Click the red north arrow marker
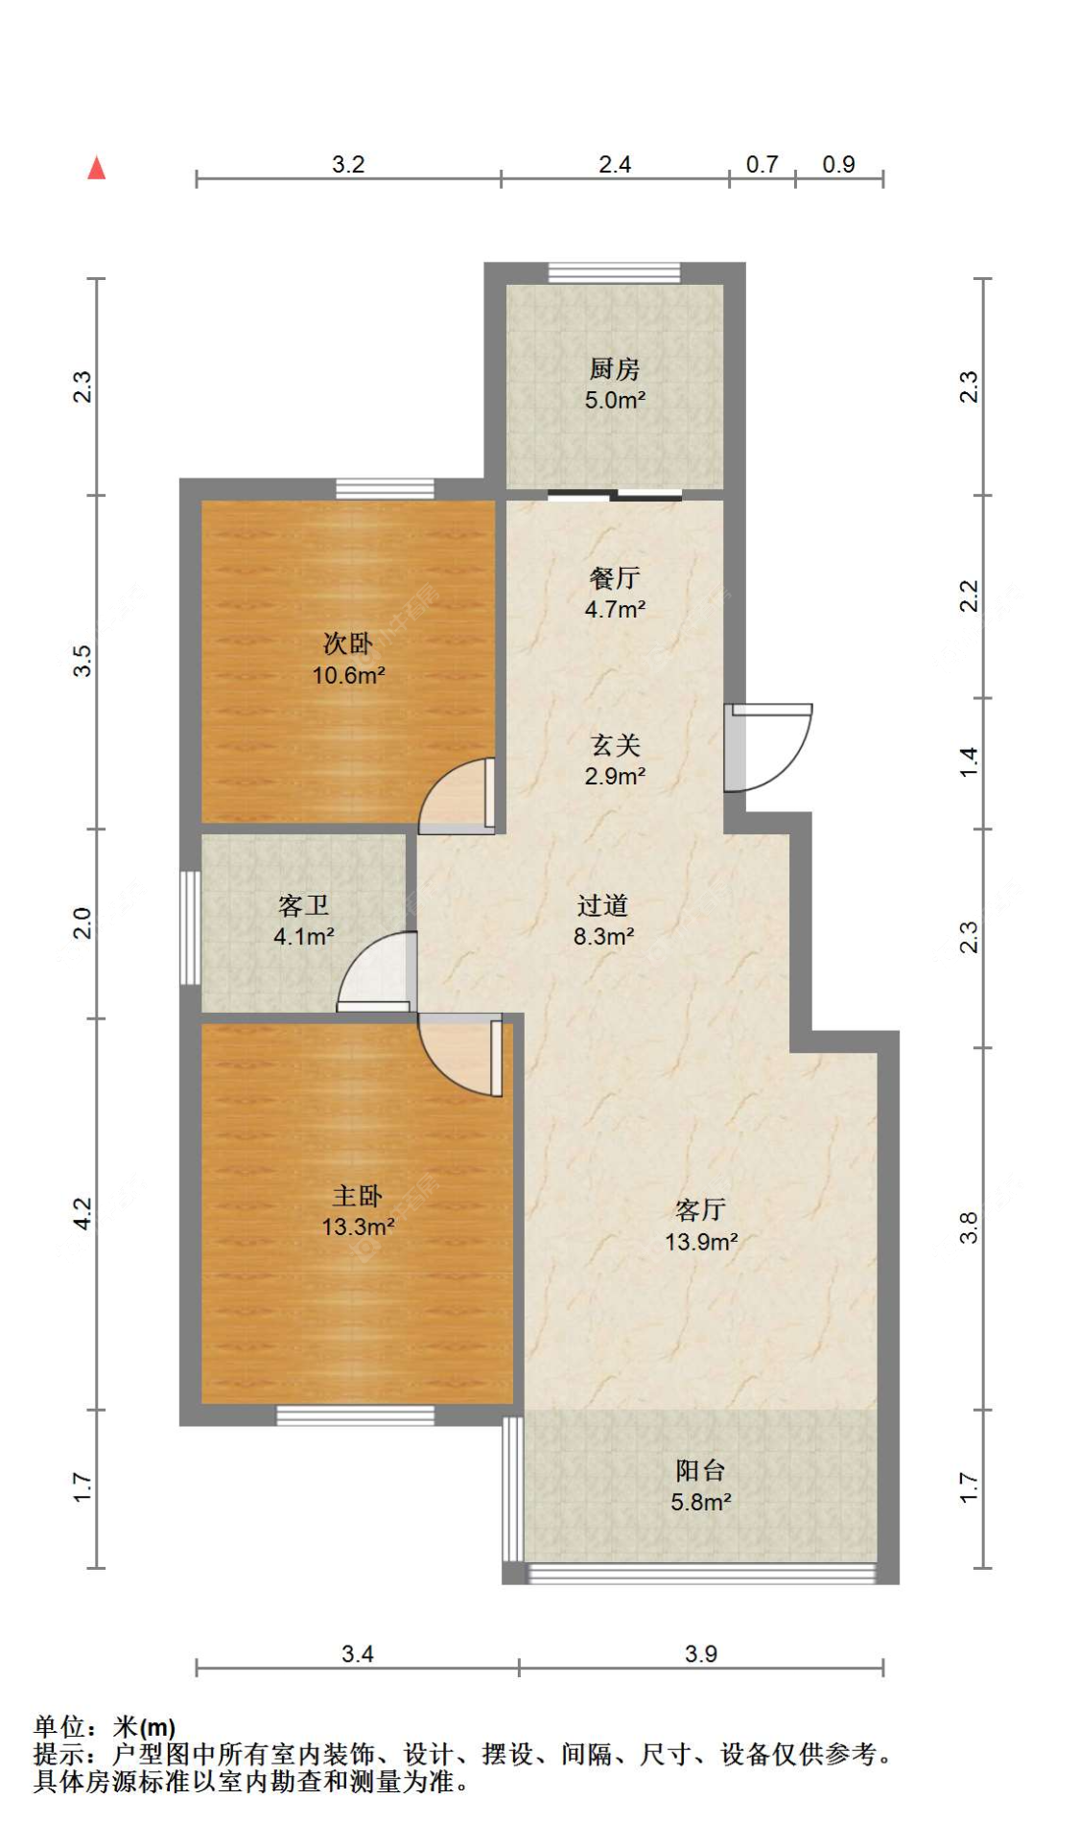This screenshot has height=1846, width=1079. pyautogui.click(x=96, y=169)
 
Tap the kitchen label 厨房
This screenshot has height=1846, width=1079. pyautogui.click(x=614, y=368)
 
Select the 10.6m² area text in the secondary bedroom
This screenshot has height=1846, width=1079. pyautogui.click(x=348, y=675)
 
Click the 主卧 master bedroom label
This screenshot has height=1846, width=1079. pyautogui.click(x=357, y=1195)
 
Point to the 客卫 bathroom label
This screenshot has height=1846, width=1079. pyautogui.click(x=303, y=905)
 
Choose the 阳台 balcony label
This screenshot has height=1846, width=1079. pyautogui.click(x=700, y=1470)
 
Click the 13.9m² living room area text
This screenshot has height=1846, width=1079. pyautogui.click(x=701, y=1242)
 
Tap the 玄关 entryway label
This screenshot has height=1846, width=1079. pyautogui.click(x=615, y=745)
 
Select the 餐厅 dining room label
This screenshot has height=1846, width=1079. pyautogui.click(x=615, y=577)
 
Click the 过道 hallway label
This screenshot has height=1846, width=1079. pyautogui.click(x=602, y=905)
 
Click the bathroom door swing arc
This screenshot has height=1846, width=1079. pyautogui.click(x=376, y=972)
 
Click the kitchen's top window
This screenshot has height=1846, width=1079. pyautogui.click(x=614, y=273)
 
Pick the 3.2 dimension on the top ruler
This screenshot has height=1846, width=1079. pyautogui.click(x=348, y=164)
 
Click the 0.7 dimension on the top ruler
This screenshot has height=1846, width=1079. pyautogui.click(x=762, y=164)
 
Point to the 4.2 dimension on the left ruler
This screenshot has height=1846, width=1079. pyautogui.click(x=82, y=1213)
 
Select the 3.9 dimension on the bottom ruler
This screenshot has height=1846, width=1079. pyautogui.click(x=701, y=1653)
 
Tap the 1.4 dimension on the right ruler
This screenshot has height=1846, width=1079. pyautogui.click(x=970, y=762)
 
